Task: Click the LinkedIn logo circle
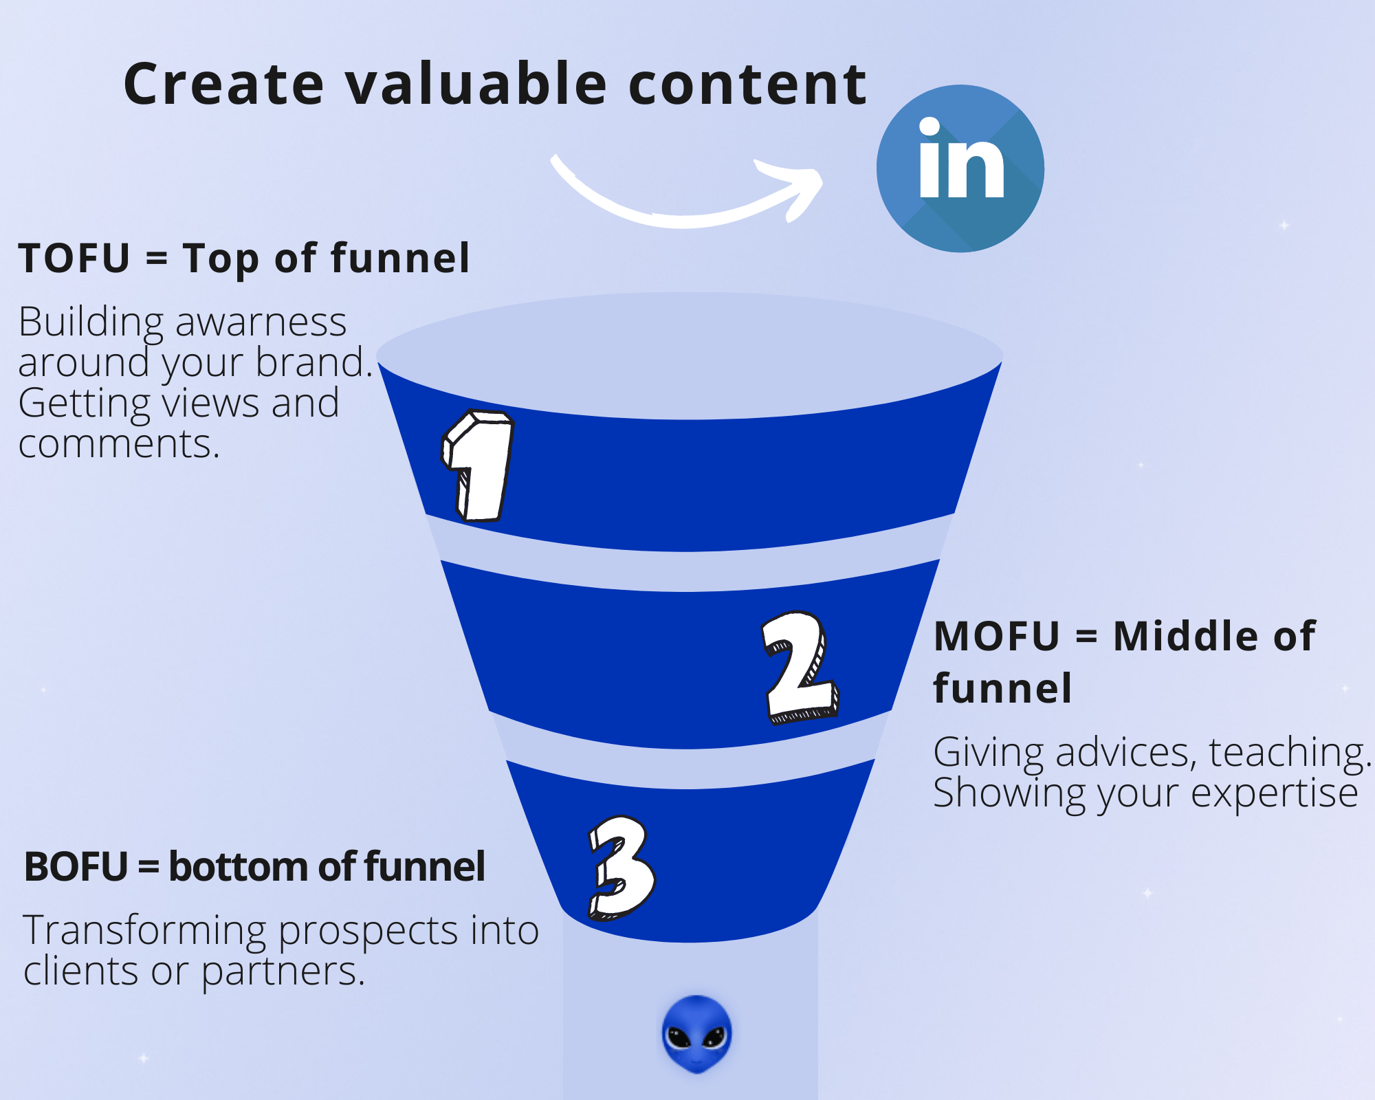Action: coord(960,168)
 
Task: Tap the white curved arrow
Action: coord(681,220)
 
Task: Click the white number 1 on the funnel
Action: coord(478,465)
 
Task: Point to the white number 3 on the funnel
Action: coord(621,868)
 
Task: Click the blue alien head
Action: coord(696,1034)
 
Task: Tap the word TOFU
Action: coord(74,258)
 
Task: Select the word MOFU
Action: coord(997,637)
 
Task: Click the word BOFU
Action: coord(76,867)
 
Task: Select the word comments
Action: coord(119,444)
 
